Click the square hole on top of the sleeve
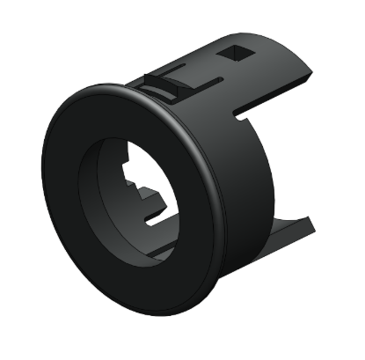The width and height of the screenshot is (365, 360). coord(237,55)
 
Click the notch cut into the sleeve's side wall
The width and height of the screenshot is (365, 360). coord(249,112)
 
